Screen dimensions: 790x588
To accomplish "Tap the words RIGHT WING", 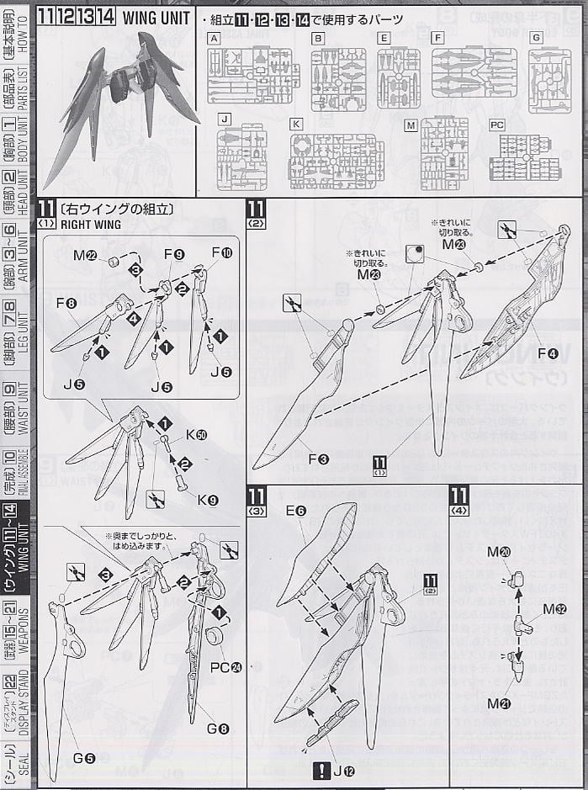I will pyautogui.click(x=92, y=225).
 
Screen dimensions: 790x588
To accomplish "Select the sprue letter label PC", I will pyautogui.click(x=498, y=125).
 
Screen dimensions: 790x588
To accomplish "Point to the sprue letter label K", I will pyautogui.click(x=296, y=123).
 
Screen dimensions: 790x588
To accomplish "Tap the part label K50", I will pyautogui.click(x=196, y=434).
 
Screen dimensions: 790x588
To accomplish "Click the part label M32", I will pyautogui.click(x=554, y=608).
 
